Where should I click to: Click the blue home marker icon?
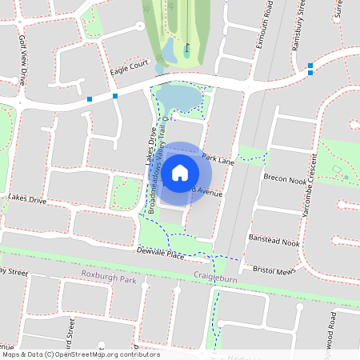180,171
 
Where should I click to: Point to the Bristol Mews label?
271,270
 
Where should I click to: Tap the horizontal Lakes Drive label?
28,197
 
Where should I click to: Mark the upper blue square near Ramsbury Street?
310,65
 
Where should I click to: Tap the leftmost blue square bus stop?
90,100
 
